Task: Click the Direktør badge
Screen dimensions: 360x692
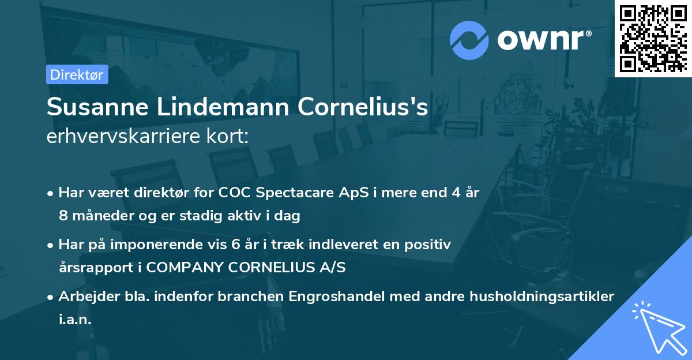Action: pos(77,74)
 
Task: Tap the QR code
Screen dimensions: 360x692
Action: pos(653,39)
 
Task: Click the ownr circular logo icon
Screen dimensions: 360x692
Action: pos(469,39)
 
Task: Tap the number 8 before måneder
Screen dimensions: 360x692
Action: pos(62,216)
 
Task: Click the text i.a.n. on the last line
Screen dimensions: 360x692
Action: pos(75,320)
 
